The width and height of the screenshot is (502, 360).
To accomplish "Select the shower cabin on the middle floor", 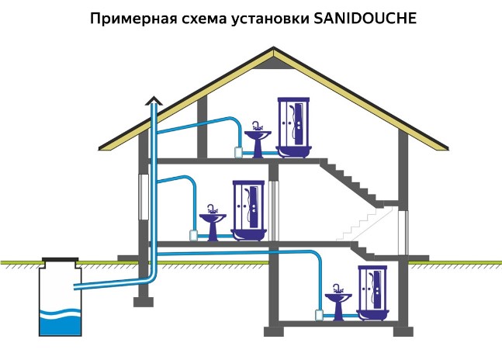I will [250, 209].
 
